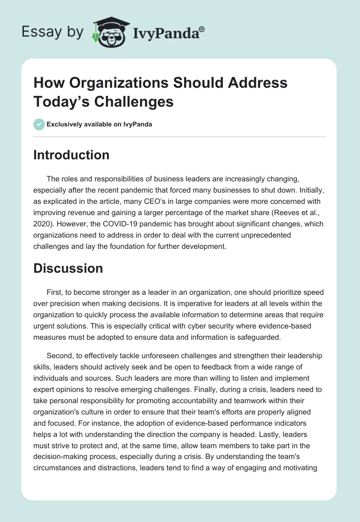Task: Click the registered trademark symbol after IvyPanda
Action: (x=202, y=29)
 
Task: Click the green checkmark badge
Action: (x=39, y=124)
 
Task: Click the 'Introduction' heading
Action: (x=71, y=155)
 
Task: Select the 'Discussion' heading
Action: (x=68, y=268)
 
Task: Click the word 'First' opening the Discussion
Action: (x=54, y=292)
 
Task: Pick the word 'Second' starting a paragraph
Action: (x=59, y=344)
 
